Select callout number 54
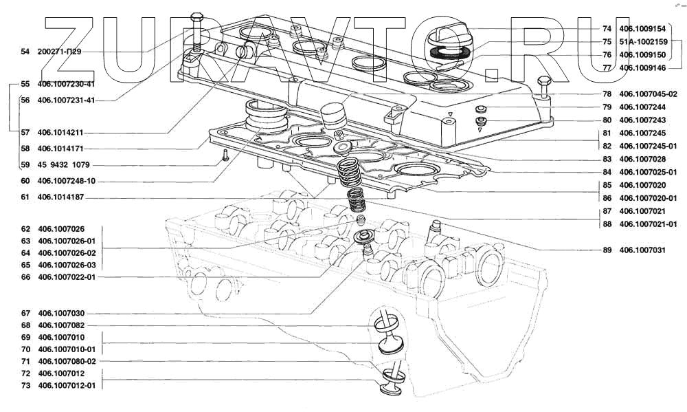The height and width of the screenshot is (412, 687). [x=25, y=52]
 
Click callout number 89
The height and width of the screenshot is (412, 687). [x=607, y=250]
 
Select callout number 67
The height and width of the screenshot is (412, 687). [x=25, y=313]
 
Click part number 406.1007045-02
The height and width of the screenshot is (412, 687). [x=648, y=94]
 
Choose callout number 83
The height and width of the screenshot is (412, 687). [x=607, y=159]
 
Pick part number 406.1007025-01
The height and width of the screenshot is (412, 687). [x=648, y=172]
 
